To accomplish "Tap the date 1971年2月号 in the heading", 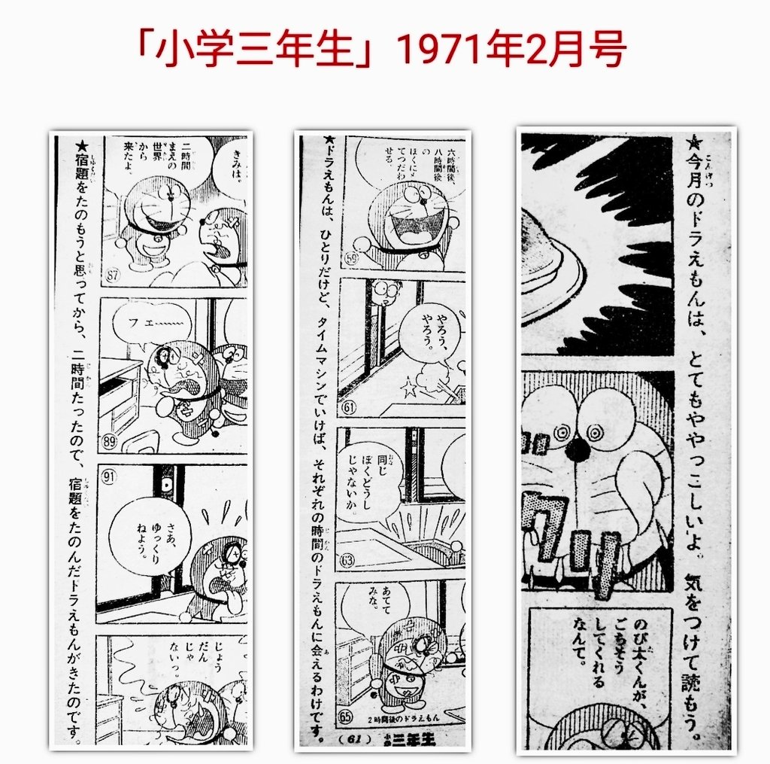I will click(x=511, y=50).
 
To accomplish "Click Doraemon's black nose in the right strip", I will click(x=577, y=449).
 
